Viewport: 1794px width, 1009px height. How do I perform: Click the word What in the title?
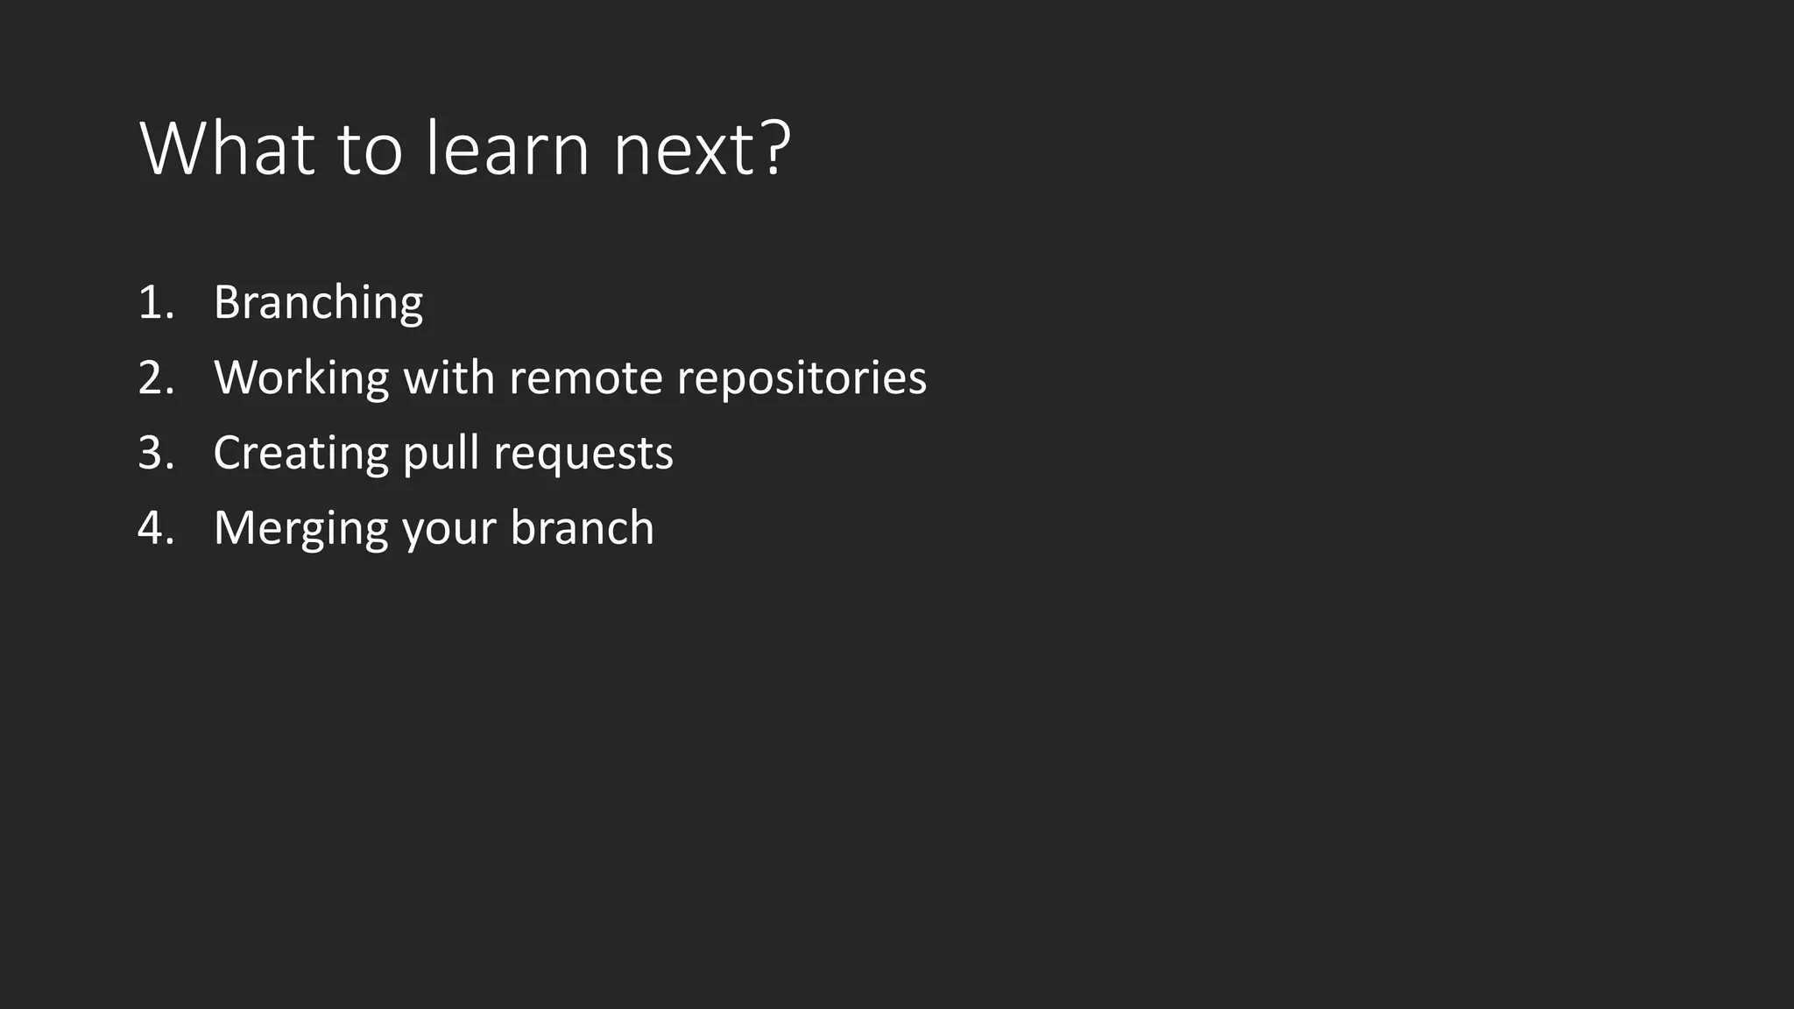coord(227,149)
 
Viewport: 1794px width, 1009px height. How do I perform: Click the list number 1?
coord(154,303)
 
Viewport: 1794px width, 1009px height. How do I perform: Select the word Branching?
coord(318,303)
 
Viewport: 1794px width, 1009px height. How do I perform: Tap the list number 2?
coord(155,378)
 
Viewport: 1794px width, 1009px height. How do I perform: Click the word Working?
coord(301,378)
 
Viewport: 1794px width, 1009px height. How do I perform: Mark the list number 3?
coord(155,454)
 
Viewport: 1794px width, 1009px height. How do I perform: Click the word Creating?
coord(300,454)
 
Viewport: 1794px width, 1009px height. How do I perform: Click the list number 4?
coord(155,529)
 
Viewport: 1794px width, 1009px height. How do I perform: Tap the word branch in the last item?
coord(582,529)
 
